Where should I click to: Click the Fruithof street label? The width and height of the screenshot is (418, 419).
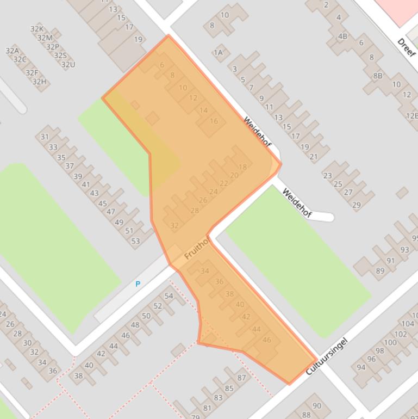click(x=196, y=249)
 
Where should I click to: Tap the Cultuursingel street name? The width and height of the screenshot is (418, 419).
click(x=326, y=356)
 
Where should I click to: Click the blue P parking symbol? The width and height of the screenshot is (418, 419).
click(x=138, y=284)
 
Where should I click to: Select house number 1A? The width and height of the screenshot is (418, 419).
click(x=218, y=53)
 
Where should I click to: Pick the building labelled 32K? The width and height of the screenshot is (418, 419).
click(x=36, y=29)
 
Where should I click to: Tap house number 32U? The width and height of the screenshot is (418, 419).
click(x=68, y=65)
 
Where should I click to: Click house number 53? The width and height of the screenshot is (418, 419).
click(x=135, y=241)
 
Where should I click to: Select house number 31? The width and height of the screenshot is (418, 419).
click(x=45, y=137)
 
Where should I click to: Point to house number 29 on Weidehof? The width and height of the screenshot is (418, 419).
click(x=356, y=205)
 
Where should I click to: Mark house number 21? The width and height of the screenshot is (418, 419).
click(x=313, y=157)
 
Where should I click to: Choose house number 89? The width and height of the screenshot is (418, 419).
click(x=380, y=271)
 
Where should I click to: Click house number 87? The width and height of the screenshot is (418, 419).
click(x=242, y=378)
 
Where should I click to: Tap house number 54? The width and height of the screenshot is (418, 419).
click(x=169, y=296)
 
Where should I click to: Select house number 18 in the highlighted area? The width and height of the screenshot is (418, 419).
click(x=242, y=167)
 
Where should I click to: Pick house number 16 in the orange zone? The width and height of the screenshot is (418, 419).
click(x=214, y=121)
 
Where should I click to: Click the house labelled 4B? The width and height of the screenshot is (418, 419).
click(x=342, y=37)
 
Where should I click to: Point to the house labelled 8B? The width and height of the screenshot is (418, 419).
click(x=377, y=76)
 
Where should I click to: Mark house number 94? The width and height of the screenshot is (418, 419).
click(x=361, y=367)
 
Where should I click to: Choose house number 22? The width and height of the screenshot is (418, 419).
click(x=223, y=183)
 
